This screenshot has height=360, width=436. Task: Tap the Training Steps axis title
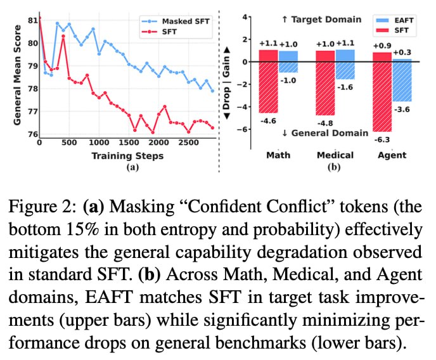126,156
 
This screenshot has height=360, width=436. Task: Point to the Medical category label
336,155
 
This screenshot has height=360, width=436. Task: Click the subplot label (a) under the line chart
133,167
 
